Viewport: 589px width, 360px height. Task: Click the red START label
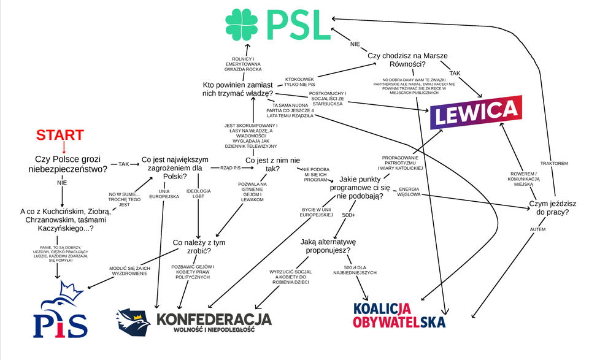coord(60,135)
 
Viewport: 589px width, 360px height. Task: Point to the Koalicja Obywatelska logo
coord(399,315)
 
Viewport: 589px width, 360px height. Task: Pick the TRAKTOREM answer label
coord(553,164)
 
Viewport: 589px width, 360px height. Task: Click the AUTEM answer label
coord(536,229)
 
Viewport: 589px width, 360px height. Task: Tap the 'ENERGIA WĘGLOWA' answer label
coord(409,191)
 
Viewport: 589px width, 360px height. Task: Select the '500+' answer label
coord(349,215)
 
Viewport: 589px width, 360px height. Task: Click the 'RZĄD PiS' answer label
coord(225,166)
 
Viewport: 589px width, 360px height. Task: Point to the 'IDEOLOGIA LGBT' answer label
coord(198,194)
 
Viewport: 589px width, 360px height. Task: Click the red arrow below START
coord(63,147)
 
